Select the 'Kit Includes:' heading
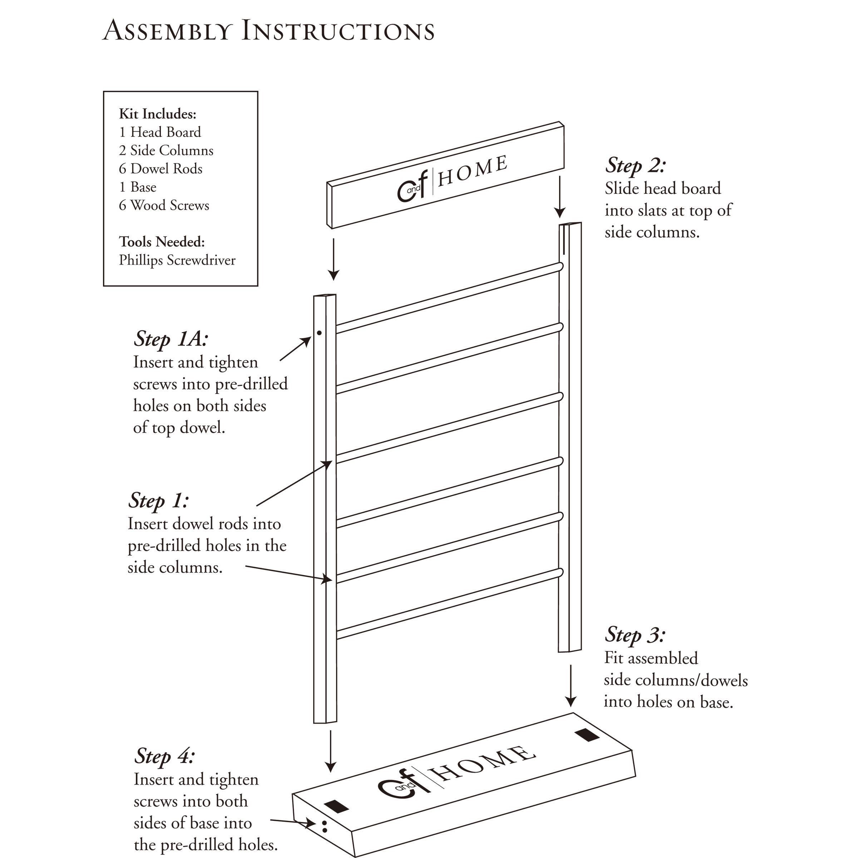coord(157,114)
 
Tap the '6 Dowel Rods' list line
coord(160,169)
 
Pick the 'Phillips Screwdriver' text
coord(177,260)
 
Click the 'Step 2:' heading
coord(635,165)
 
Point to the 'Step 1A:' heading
coord(171,339)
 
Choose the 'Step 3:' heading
coord(635,635)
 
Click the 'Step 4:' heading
coord(164,756)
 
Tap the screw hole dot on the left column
coord(319,332)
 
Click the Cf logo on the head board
coord(412,187)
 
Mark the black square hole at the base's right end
coord(586,735)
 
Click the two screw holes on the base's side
coord(324,826)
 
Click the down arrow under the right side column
coord(571,686)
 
